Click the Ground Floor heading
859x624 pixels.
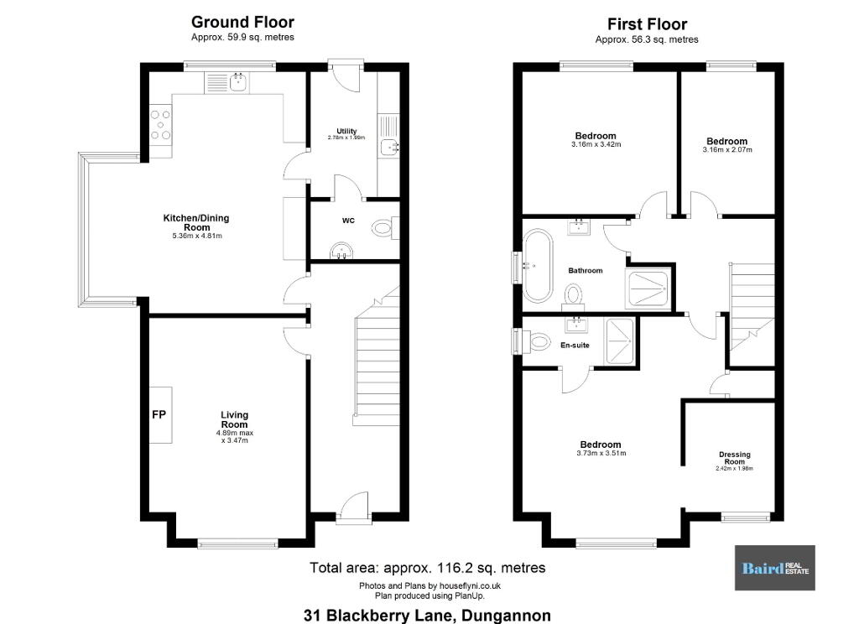click(242, 22)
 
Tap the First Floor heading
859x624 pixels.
click(647, 24)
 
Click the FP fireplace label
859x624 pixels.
click(159, 414)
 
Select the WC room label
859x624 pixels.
click(348, 221)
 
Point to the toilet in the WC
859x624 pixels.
click(385, 227)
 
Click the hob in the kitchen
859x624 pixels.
click(160, 125)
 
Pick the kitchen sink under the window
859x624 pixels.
click(238, 83)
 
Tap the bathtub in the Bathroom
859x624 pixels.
click(538, 266)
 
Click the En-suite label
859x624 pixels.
click(575, 346)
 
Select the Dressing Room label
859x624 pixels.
click(735, 458)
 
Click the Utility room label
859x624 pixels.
click(346, 131)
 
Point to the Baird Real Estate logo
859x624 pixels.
click(774, 568)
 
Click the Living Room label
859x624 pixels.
click(235, 419)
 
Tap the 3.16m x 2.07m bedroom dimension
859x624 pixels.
click(727, 149)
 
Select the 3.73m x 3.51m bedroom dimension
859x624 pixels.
click(601, 454)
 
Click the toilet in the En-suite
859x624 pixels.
click(537, 341)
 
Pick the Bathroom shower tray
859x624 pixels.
click(648, 289)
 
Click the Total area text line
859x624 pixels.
click(427, 568)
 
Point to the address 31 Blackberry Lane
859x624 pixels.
click(427, 616)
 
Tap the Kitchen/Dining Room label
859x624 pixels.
click(196, 222)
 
